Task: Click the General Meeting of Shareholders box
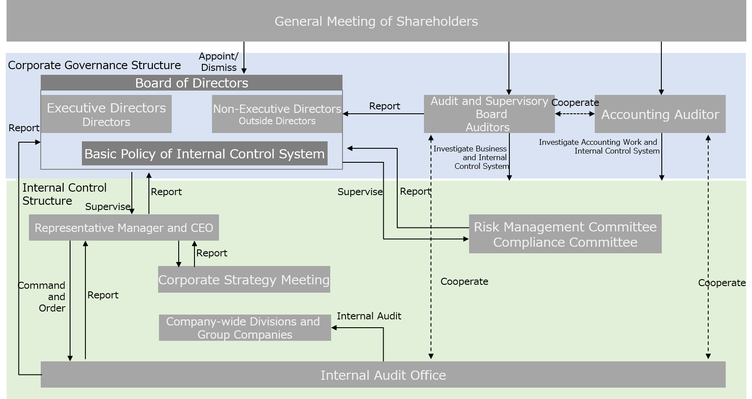pos(376,21)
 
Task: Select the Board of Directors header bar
pos(191,83)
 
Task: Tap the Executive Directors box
pos(106,114)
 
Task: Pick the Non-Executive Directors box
pos(277,114)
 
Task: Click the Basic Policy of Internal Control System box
pos(205,154)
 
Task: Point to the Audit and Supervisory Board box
pos(489,114)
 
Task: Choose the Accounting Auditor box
pos(660,114)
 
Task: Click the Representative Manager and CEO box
pos(124,227)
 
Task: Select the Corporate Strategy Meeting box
pos(244,280)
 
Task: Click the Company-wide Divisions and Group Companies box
pos(245,328)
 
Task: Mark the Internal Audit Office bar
pos(383,375)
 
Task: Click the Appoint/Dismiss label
pos(219,62)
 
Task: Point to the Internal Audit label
pos(369,316)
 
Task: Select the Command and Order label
pos(43,297)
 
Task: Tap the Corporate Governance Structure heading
pos(94,65)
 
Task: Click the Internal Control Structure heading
pos(64,194)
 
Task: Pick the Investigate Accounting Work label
pos(599,147)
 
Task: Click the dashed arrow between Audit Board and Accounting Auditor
pos(575,114)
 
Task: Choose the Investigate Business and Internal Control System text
pos(471,157)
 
